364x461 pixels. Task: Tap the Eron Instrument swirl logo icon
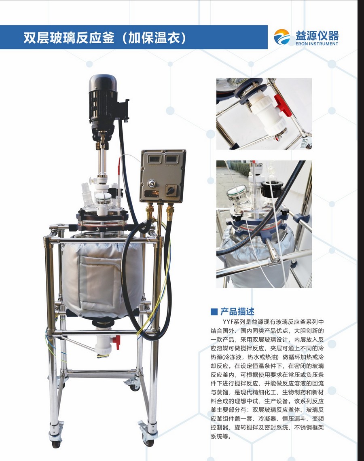(x=282, y=37)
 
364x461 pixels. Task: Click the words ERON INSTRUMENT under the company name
(x=317, y=44)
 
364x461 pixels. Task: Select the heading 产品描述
(x=237, y=311)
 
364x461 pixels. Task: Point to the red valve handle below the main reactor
(x=117, y=342)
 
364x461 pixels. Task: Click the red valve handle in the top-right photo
(x=281, y=104)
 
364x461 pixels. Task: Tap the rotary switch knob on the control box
(x=170, y=190)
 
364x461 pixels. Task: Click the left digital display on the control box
(x=154, y=159)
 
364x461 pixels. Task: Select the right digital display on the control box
(x=171, y=159)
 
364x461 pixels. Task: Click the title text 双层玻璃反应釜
(x=69, y=38)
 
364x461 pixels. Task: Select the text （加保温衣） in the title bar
(x=153, y=38)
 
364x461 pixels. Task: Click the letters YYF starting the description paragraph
(x=228, y=322)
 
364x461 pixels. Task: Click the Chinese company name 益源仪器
(x=317, y=35)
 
